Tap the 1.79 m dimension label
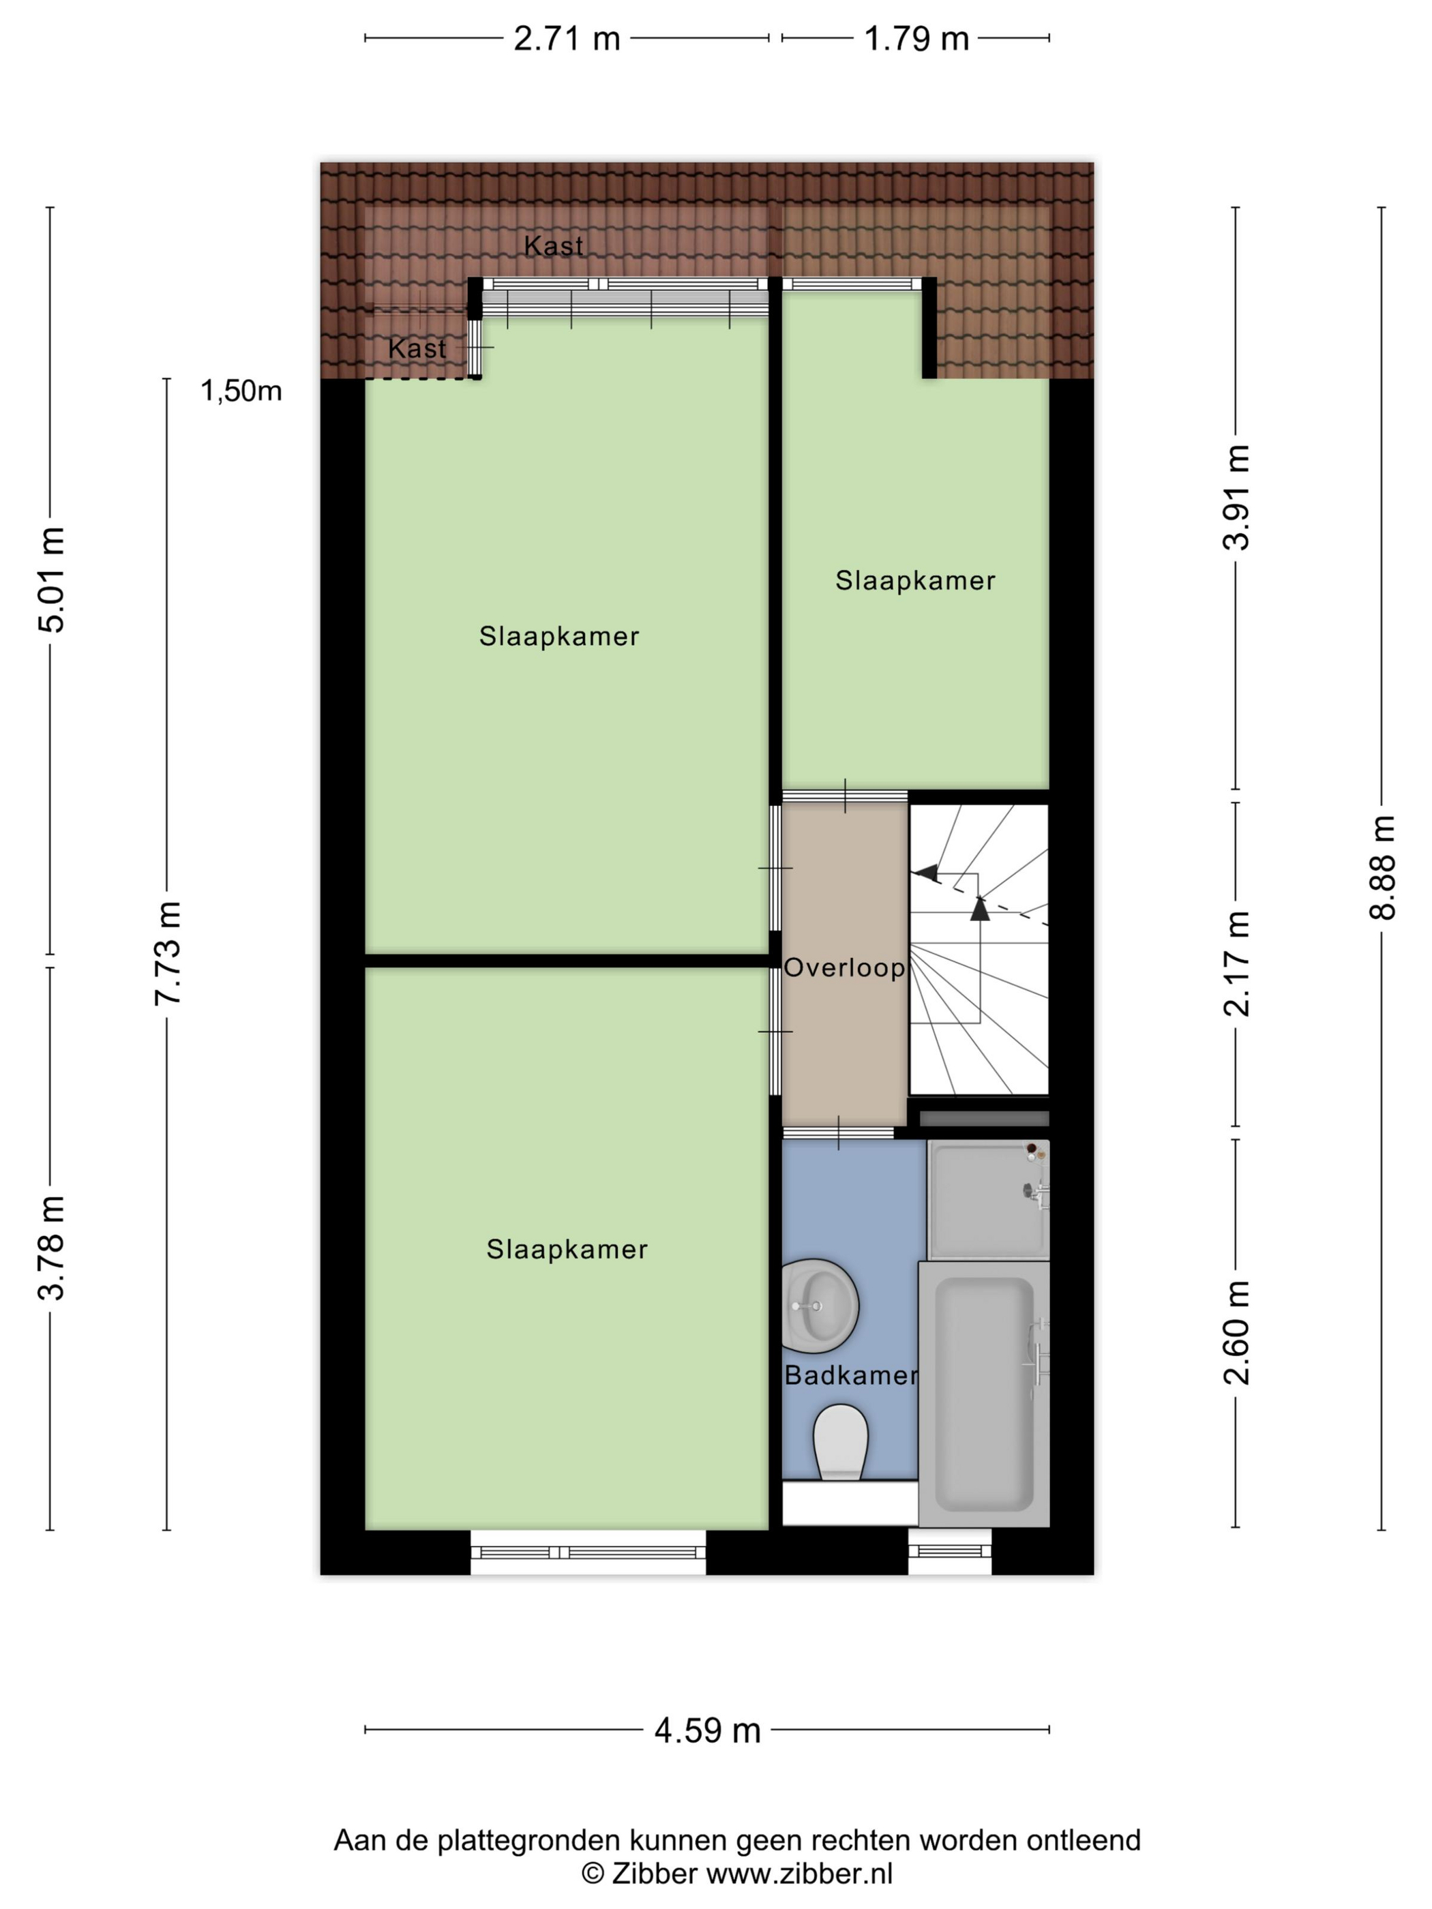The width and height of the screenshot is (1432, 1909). tap(916, 39)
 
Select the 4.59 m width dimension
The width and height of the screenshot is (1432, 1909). tap(707, 1730)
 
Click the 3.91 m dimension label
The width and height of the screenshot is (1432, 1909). tap(1236, 497)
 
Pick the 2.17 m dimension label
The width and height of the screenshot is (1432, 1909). tap(1236, 963)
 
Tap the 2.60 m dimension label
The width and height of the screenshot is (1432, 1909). tap(1236, 1334)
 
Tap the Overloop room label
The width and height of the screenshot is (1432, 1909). tap(844, 967)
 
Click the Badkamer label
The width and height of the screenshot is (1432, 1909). tap(850, 1376)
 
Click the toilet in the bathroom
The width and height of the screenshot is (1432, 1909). tap(840, 1441)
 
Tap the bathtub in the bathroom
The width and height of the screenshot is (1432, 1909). tap(984, 1394)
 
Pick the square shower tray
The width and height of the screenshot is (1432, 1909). tap(986, 1199)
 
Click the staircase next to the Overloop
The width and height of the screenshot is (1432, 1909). tap(979, 949)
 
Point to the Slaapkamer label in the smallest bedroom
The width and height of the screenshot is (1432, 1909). tap(915, 581)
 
